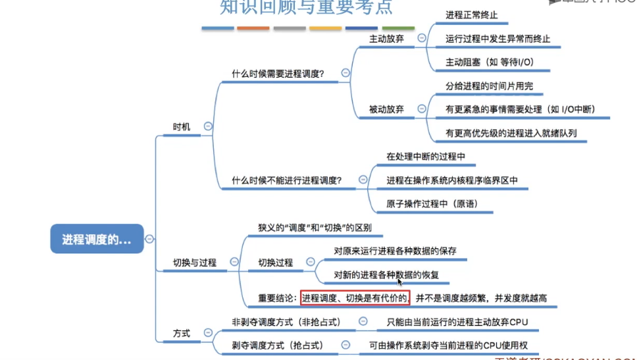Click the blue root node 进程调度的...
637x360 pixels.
pos(97,240)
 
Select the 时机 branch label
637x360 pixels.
pos(182,126)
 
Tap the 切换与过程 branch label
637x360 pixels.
pos(194,263)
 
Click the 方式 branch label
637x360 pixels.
pos(182,333)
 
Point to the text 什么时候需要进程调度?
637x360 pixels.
pos(277,74)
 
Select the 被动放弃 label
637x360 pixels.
pos(386,109)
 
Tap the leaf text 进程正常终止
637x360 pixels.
pos(471,15)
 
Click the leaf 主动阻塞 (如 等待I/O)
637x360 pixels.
pos(489,63)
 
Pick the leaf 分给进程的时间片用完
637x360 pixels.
pos(489,86)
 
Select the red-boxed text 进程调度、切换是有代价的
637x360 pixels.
pos(355,298)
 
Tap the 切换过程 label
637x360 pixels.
pos(276,263)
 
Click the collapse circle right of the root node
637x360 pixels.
pos(149,240)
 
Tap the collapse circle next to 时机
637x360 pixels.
pos(208,126)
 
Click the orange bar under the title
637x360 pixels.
pos(253,28)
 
